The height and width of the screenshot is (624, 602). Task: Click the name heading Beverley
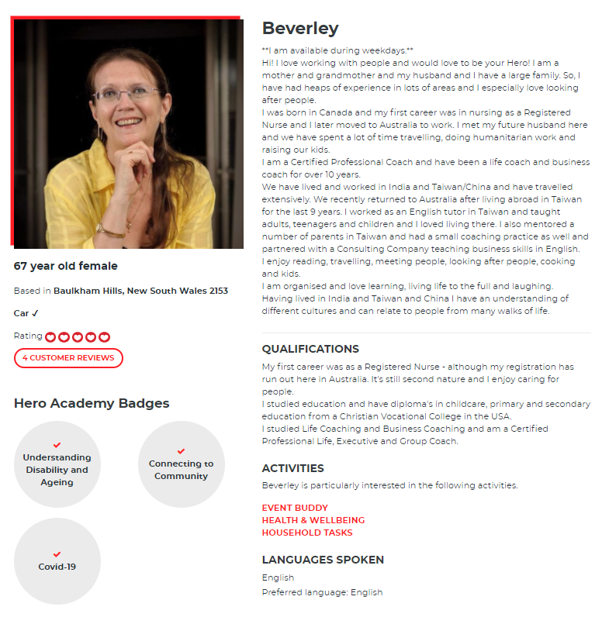[300, 29]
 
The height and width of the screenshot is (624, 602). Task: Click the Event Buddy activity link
[295, 508]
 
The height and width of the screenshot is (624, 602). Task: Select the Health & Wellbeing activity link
[313, 520]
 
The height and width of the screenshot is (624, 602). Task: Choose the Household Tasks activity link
[306, 533]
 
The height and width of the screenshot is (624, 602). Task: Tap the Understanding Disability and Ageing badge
[57, 464]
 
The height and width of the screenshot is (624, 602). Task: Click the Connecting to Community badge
[181, 464]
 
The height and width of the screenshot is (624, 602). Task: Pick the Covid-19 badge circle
[57, 561]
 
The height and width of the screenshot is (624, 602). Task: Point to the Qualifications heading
[310, 349]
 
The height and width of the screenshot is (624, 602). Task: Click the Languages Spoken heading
[323, 560]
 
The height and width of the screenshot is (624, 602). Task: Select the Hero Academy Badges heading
[92, 403]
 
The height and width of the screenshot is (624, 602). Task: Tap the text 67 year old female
[66, 266]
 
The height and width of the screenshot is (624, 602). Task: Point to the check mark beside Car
[35, 313]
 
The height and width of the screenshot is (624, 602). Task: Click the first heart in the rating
[50, 337]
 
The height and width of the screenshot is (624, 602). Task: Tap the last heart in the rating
[105, 337]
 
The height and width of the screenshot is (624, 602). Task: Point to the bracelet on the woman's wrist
[111, 230]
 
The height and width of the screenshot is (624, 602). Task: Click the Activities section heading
[292, 468]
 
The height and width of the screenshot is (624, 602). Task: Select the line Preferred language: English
[322, 592]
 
